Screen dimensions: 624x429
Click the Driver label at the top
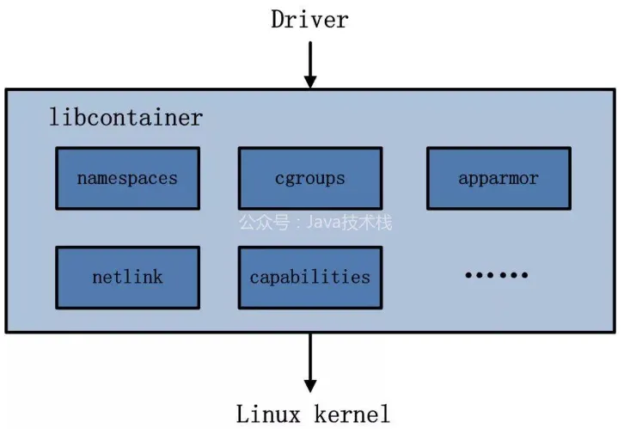(309, 20)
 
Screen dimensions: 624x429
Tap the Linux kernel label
(313, 414)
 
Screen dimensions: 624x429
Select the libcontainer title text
(125, 118)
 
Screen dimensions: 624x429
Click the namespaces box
(128, 178)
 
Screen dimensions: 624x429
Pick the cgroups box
(310, 178)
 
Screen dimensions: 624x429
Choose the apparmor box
(499, 178)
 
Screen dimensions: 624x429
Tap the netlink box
(128, 278)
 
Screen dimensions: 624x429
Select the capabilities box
(310, 278)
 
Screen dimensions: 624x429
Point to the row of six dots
(497, 275)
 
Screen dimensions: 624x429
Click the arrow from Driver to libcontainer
(310, 64)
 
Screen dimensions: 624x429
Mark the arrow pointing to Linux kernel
(310, 363)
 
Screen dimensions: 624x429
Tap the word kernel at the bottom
(352, 414)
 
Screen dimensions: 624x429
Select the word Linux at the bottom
(268, 414)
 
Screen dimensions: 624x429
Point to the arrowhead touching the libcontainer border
(310, 83)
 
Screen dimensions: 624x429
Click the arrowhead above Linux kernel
(310, 386)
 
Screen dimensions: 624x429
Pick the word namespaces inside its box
(127, 179)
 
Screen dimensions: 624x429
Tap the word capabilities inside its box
(310, 278)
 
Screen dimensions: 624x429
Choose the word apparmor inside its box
(499, 179)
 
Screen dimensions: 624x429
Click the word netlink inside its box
(127, 277)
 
